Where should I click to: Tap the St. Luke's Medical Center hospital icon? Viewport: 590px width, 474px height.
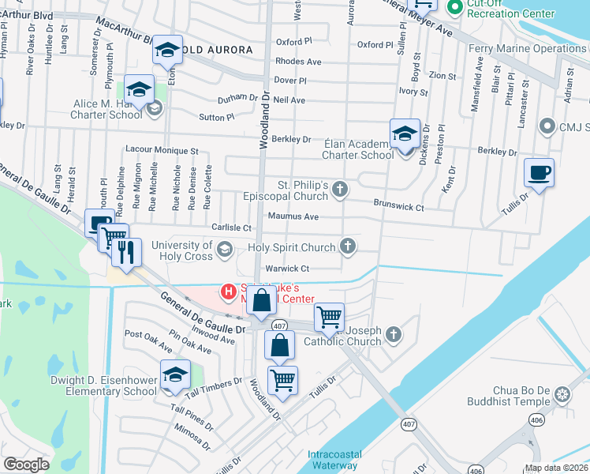(229, 292)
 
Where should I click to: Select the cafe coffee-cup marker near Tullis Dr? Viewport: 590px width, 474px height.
(539, 173)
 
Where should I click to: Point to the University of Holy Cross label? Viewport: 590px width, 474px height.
(182, 250)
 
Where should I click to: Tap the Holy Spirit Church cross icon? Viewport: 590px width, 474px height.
(346, 247)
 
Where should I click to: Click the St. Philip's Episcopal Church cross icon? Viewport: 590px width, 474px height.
(339, 188)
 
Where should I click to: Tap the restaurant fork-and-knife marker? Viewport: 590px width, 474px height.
(126, 251)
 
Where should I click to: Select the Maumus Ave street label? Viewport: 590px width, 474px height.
(293, 216)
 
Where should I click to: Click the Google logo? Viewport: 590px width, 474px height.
(27, 465)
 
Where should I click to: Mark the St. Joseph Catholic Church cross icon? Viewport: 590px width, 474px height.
(395, 335)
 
